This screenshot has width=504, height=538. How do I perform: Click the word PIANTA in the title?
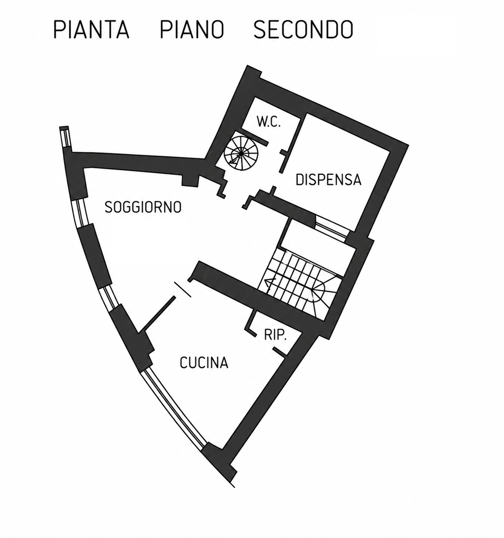tap(91, 29)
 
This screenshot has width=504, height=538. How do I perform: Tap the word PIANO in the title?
tap(192, 29)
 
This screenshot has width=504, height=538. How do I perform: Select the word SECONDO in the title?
tap(303, 29)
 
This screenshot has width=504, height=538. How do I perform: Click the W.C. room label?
tap(269, 122)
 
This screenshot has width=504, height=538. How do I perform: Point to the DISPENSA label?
tap(328, 179)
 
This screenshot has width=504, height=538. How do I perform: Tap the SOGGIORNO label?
tap(143, 207)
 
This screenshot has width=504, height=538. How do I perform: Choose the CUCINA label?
tap(204, 363)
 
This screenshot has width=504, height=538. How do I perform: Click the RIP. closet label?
tap(275, 336)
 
